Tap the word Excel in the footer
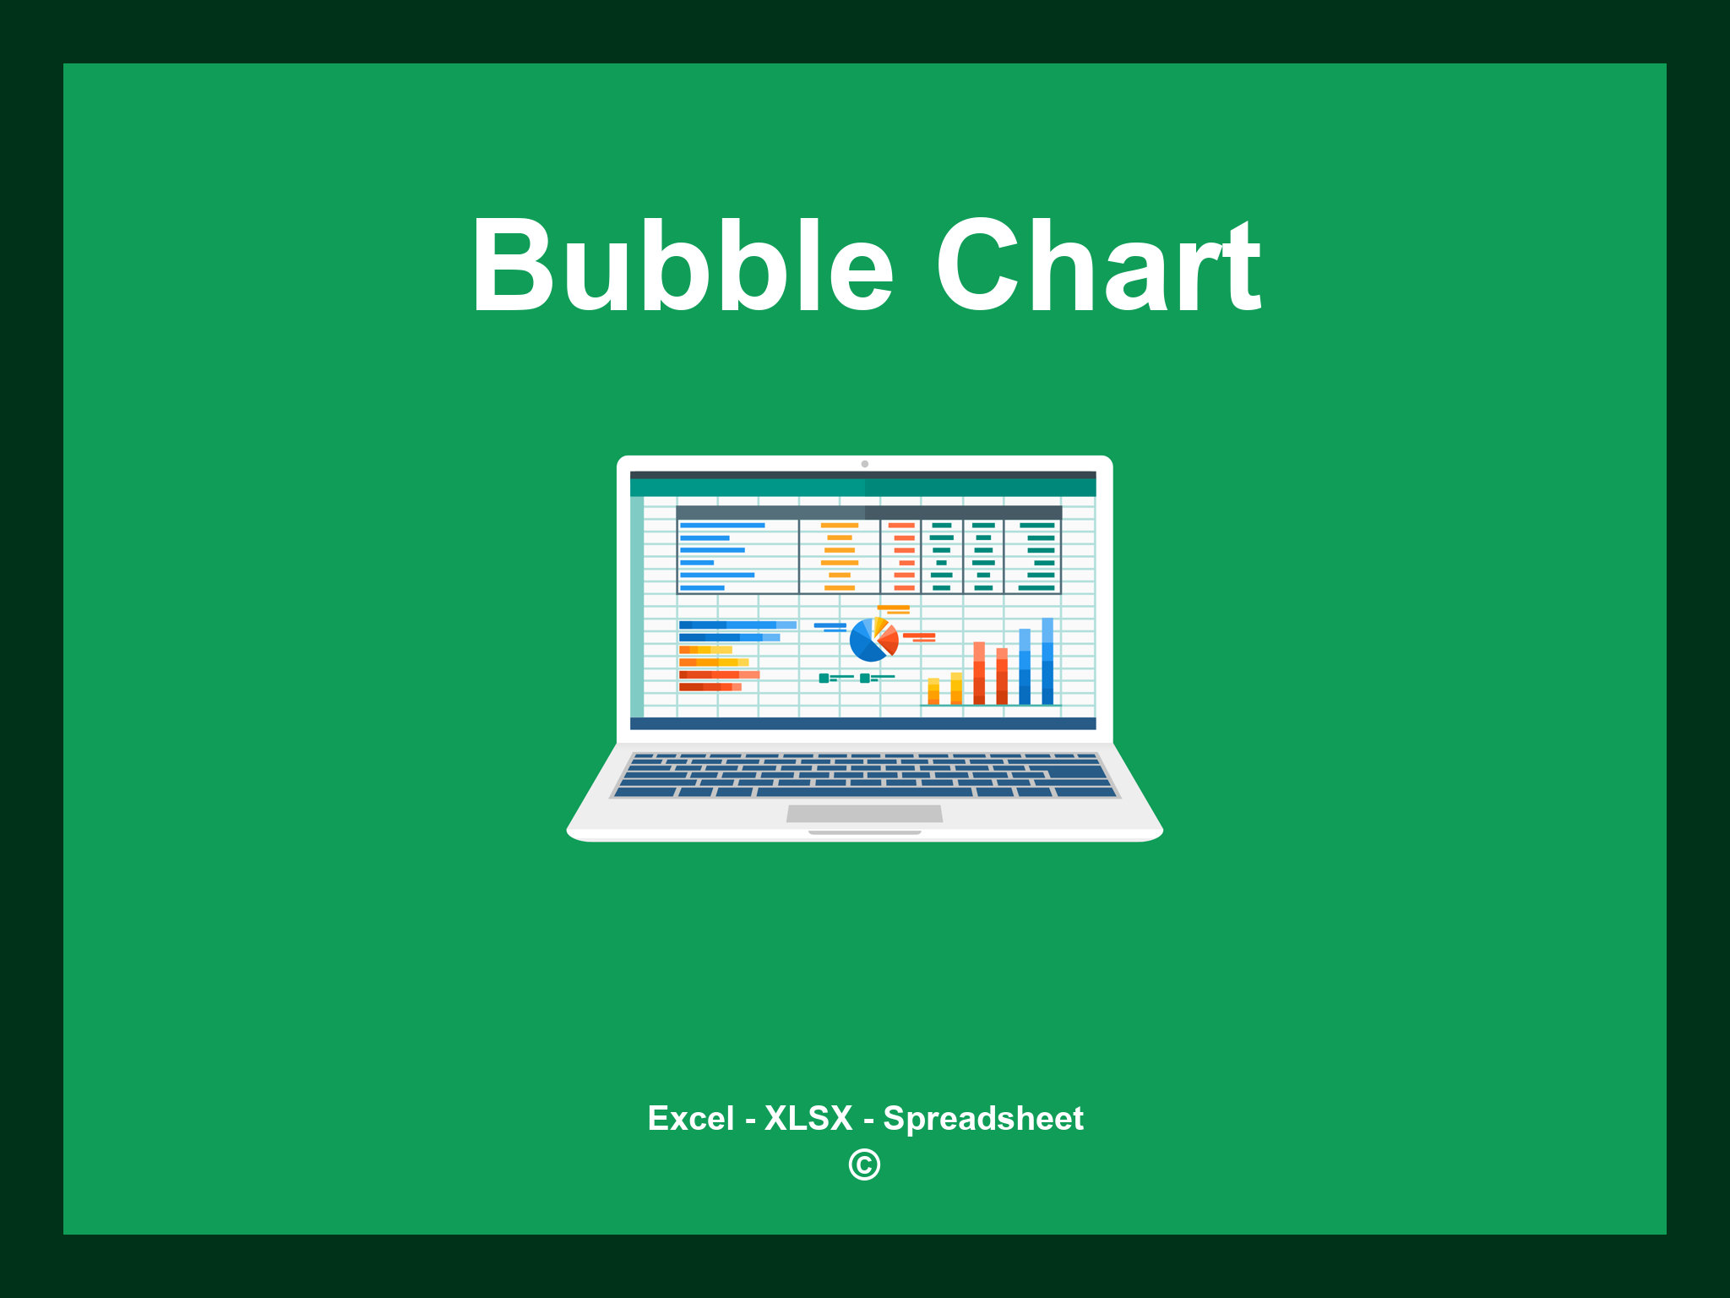pyautogui.click(x=690, y=1118)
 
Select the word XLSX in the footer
pyautogui.click(x=808, y=1118)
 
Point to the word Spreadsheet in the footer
pyautogui.click(x=983, y=1118)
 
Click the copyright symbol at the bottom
pyautogui.click(x=864, y=1164)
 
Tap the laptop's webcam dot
pyautogui.click(x=864, y=464)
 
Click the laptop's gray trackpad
pyautogui.click(x=864, y=813)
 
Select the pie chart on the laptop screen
pyautogui.click(x=873, y=640)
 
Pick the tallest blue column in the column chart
pyautogui.click(x=1047, y=661)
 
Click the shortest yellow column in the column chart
pyautogui.click(x=933, y=690)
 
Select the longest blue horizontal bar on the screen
pyautogui.click(x=737, y=625)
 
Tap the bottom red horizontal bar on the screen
pyautogui.click(x=710, y=687)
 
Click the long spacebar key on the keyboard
pyautogui.click(x=864, y=793)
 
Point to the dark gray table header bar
pyautogui.click(x=868, y=512)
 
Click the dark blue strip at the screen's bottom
pyautogui.click(x=862, y=723)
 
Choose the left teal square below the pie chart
pyautogui.click(x=824, y=678)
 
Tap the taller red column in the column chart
pyautogui.click(x=979, y=673)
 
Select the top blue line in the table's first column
pyautogui.click(x=722, y=526)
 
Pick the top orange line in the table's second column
pyautogui.click(x=839, y=526)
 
